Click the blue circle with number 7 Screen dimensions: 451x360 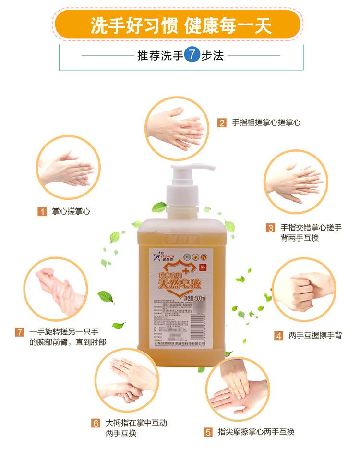[x=192, y=55]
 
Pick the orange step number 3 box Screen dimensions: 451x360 [x=271, y=228]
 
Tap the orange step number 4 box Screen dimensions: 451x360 [x=278, y=336]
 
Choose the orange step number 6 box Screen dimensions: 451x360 [x=96, y=423]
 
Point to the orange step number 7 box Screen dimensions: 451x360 [x=20, y=332]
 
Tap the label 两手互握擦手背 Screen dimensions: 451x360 [x=315, y=336]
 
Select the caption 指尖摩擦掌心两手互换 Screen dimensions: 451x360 [x=256, y=432]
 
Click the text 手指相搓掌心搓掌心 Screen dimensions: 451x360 [x=266, y=122]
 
